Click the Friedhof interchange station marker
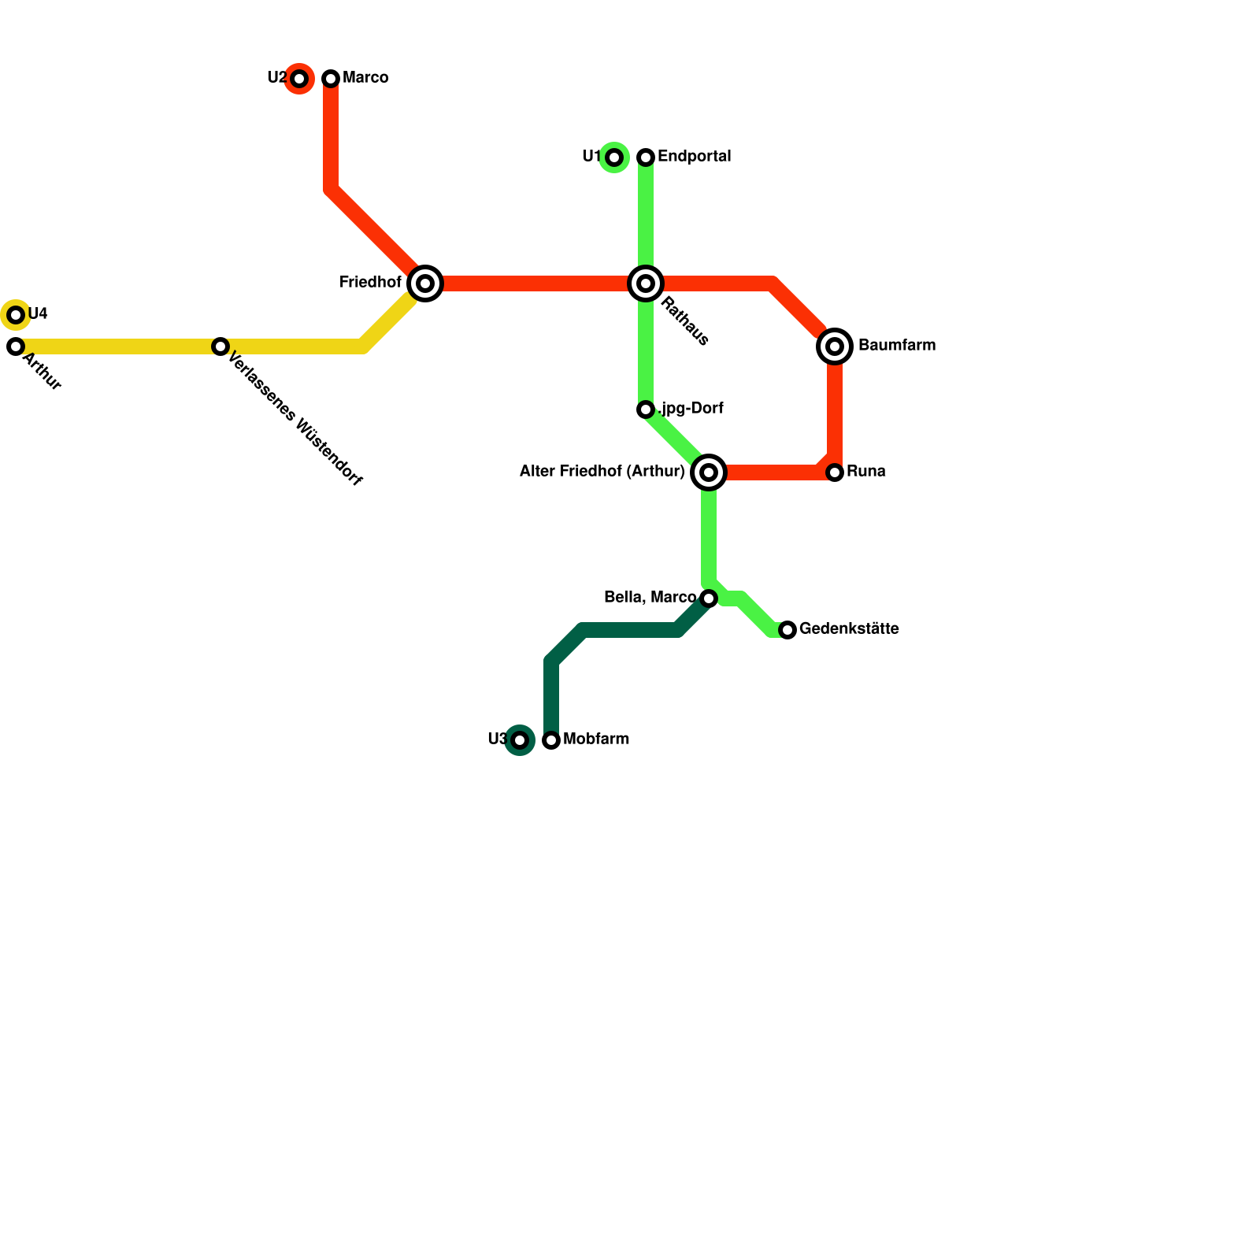425,283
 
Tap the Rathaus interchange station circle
646,283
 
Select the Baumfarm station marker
835,346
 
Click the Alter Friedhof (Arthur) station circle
709,472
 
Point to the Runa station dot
835,472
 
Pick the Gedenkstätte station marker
787,630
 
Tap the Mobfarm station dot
551,740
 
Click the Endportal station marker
646,157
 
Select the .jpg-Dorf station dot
646,409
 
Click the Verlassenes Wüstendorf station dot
220,346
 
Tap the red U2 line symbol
299,79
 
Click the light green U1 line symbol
614,157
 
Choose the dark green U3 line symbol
520,740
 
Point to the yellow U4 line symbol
16,315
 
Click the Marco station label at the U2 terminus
365,78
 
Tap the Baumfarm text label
896,346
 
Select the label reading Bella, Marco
650,598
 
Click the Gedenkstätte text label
849,629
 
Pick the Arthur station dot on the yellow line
16,346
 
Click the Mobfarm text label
596,739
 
